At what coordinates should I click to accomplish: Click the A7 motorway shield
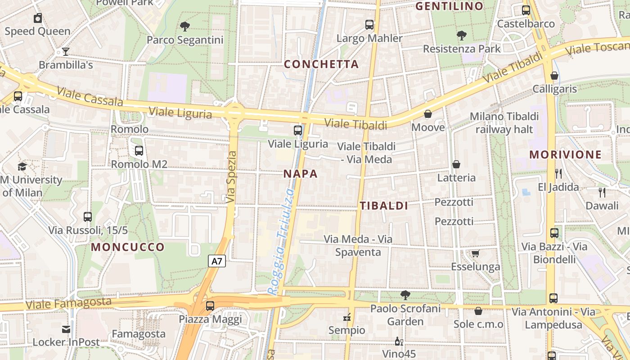[x=217, y=261]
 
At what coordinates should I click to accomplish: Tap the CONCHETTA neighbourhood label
[x=321, y=64]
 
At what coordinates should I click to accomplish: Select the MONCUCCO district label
[x=128, y=247]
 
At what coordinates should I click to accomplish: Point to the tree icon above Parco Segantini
[x=184, y=27]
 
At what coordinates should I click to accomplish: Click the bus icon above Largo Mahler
[x=369, y=25]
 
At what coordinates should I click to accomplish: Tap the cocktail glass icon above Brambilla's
[x=66, y=52]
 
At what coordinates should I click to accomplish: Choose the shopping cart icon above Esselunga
[x=476, y=254]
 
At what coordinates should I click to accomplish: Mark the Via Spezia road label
[x=232, y=176]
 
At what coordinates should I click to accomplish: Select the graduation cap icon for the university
[x=22, y=167]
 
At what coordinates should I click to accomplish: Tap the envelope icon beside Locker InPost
[x=66, y=329]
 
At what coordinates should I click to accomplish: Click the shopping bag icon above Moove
[x=428, y=114]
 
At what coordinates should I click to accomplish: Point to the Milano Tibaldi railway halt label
[x=504, y=123]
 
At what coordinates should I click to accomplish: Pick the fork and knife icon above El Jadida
[x=558, y=173]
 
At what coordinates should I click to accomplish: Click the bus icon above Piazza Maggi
[x=210, y=306]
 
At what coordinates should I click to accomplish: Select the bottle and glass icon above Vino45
[x=398, y=342]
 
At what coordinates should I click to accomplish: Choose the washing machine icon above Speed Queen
[x=38, y=18]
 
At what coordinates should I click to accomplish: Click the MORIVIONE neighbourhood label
[x=565, y=155]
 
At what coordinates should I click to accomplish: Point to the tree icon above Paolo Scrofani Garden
[x=405, y=295]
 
